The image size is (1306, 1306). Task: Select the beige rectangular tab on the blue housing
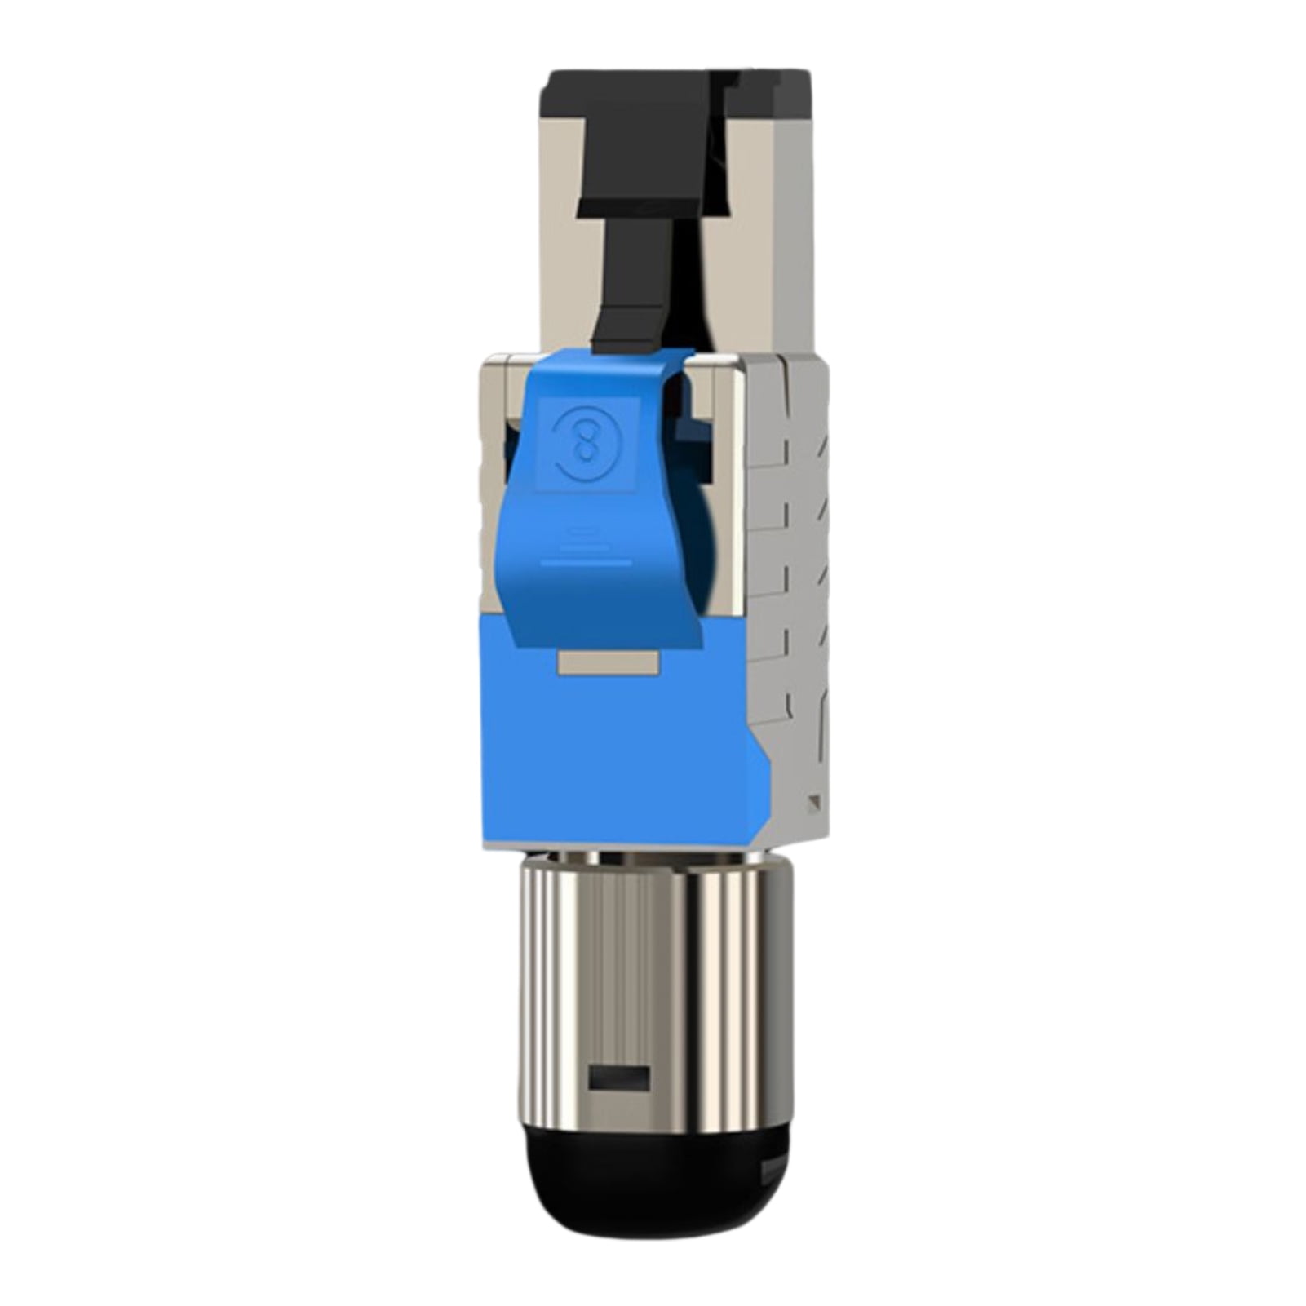[608, 662]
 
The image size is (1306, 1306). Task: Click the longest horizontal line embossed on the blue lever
[586, 563]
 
